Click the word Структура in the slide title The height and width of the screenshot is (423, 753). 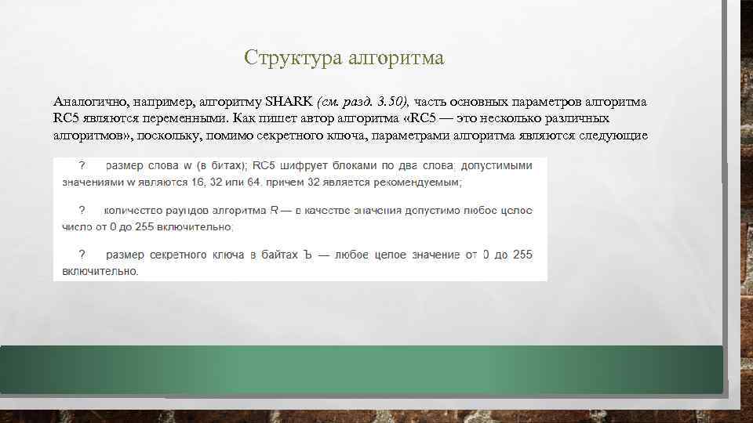(282, 58)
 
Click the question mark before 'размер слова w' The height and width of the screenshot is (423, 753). (82, 166)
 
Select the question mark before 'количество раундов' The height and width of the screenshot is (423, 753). (82, 211)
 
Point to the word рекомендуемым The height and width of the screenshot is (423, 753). (420, 182)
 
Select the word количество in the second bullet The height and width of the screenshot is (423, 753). (133, 211)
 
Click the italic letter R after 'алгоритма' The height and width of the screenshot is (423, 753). (274, 211)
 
